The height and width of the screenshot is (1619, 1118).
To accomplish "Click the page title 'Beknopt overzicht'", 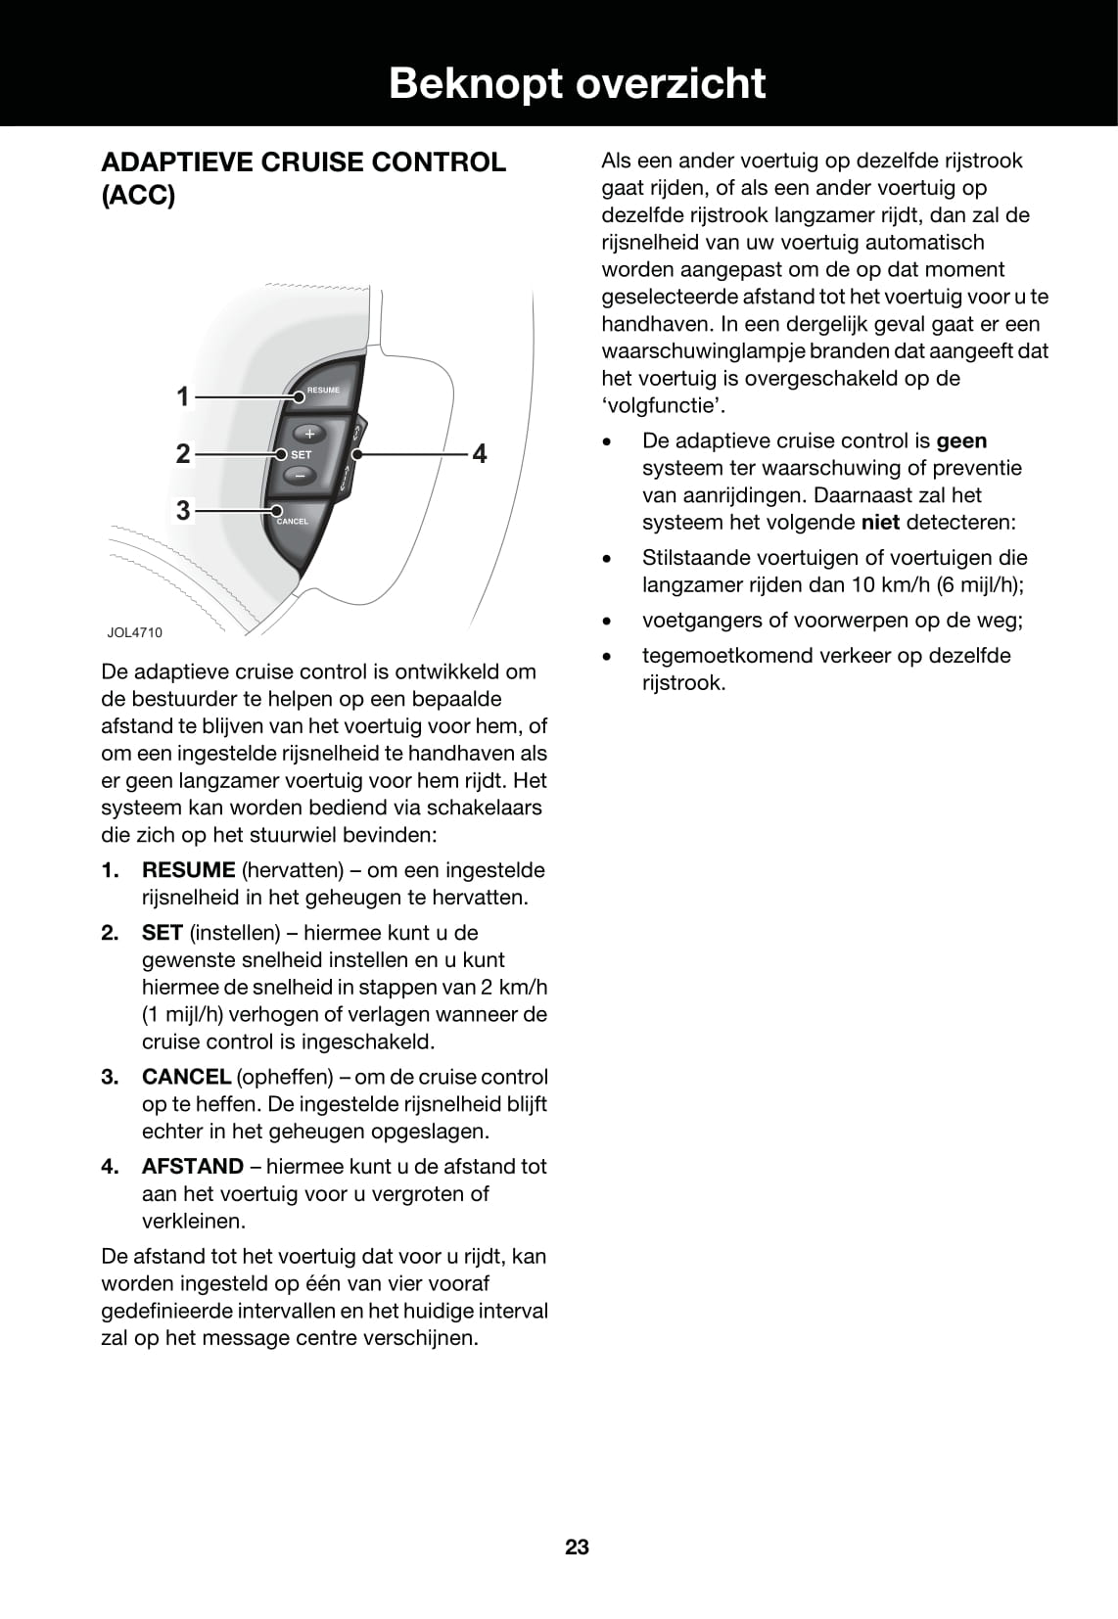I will click(x=577, y=83).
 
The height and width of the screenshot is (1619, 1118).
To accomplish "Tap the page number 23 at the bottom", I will click(x=577, y=1547).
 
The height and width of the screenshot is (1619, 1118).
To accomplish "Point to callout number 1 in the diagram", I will click(x=182, y=396).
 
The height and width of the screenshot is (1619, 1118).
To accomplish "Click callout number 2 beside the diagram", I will click(x=182, y=453).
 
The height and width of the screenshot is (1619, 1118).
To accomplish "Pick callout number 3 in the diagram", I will click(x=182, y=510).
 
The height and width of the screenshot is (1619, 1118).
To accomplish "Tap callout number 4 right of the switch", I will click(x=480, y=453).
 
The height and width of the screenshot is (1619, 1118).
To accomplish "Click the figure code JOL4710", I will click(x=135, y=632).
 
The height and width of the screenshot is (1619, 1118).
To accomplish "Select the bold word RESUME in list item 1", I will click(x=188, y=870).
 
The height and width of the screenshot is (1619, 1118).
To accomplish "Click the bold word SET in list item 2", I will click(x=163, y=933).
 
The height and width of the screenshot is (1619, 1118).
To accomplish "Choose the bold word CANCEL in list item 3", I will click(x=186, y=1077).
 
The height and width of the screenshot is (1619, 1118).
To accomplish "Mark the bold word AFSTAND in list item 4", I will click(x=193, y=1167).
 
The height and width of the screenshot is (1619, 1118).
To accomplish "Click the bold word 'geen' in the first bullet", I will click(x=961, y=440).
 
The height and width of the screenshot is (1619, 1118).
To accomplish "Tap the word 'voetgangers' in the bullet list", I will click(x=699, y=621).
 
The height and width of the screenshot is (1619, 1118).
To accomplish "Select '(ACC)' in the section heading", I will click(x=138, y=196).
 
